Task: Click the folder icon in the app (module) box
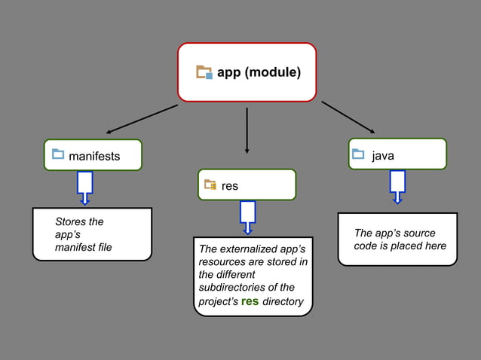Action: click(204, 72)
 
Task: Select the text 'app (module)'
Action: click(259, 72)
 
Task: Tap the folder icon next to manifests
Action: click(58, 155)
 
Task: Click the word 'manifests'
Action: click(94, 157)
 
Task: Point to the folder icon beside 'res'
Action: click(210, 185)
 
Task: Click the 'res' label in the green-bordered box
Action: click(230, 186)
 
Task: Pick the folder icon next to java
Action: click(358, 155)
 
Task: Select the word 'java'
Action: click(383, 156)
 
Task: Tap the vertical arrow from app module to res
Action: click(247, 130)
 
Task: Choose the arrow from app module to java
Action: click(348, 117)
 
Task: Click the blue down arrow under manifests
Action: click(85, 188)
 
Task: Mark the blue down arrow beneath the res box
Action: click(247, 217)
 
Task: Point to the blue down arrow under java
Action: click(397, 186)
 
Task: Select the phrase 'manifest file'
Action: click(84, 247)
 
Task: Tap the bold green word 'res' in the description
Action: click(249, 301)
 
